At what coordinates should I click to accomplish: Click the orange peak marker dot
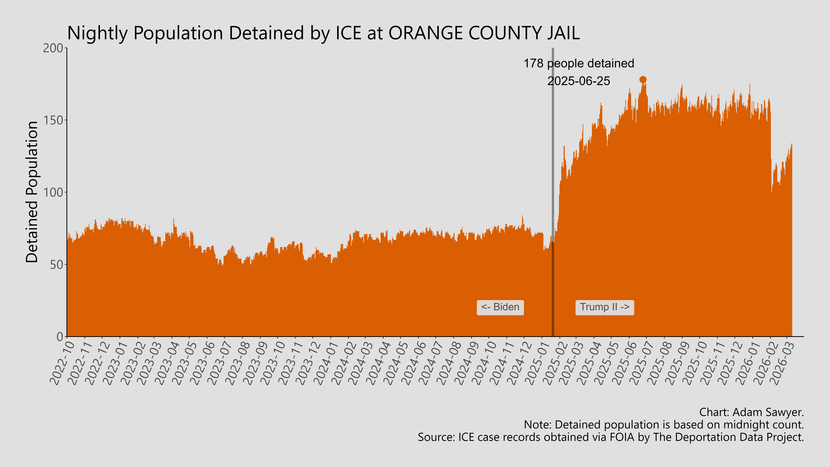click(x=642, y=80)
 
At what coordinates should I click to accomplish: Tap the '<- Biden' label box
click(x=500, y=307)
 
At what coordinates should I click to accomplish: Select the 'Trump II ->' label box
click(x=604, y=307)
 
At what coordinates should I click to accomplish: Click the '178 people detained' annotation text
click(x=579, y=63)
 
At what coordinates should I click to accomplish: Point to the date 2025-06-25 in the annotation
click(x=579, y=81)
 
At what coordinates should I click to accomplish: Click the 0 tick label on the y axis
click(x=60, y=337)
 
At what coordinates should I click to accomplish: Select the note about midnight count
click(x=664, y=425)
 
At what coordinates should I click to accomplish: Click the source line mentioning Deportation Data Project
click(x=611, y=437)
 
